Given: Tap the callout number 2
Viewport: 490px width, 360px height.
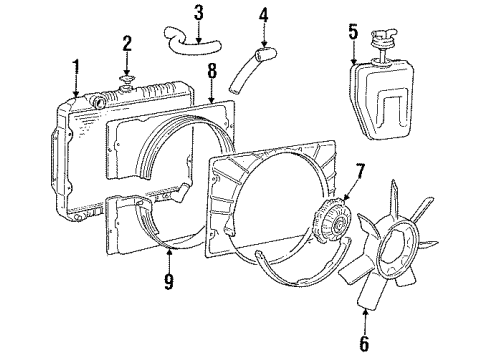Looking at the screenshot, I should [127, 43].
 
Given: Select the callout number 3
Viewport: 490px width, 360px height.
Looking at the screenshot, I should [199, 13].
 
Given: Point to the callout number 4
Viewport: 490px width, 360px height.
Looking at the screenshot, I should [264, 15].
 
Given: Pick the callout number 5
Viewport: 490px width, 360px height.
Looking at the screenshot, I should [353, 30].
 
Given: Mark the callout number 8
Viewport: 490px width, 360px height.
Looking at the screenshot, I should [211, 71].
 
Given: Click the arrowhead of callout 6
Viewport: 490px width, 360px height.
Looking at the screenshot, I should [364, 287].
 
